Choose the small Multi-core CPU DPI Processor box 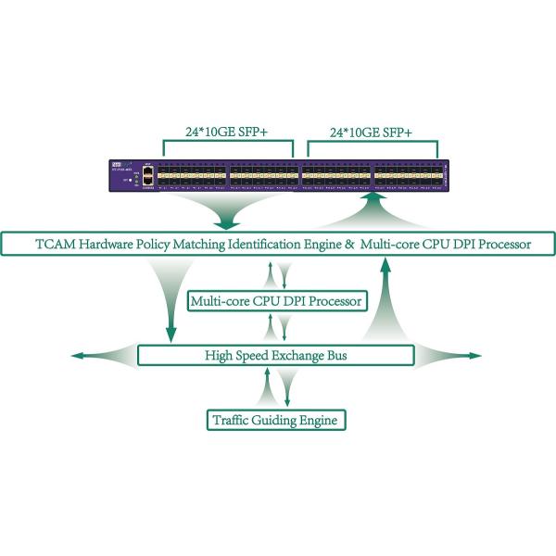pyautogui.click(x=276, y=301)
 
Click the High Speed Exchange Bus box pyautogui.click(x=276, y=356)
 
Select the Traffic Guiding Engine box pyautogui.click(x=276, y=421)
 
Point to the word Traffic pyautogui.click(x=232, y=421)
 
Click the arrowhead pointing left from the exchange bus pyautogui.click(x=78, y=356)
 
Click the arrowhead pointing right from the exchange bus pyautogui.click(x=476, y=356)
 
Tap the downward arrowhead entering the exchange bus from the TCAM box pyautogui.click(x=171, y=335)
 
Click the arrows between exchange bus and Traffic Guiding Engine pyautogui.click(x=276, y=388)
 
